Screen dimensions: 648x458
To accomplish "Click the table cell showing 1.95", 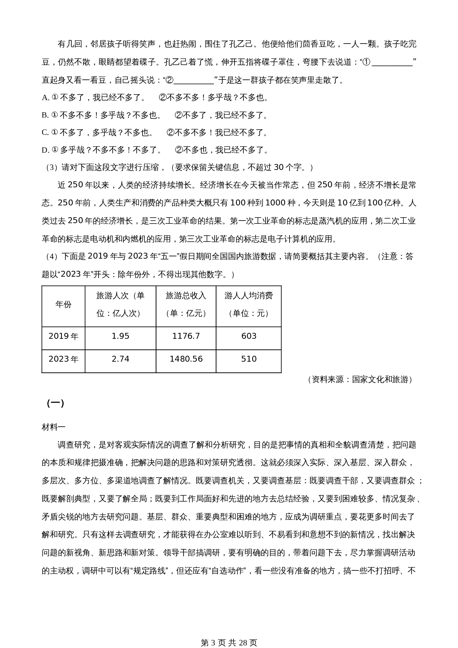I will pos(120,336).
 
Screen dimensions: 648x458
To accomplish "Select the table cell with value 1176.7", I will pos(186,336).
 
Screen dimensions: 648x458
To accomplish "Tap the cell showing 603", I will pos(249,336).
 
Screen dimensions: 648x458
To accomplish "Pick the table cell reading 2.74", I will pos(120,359).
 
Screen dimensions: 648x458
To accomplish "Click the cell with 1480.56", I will pos(186,359).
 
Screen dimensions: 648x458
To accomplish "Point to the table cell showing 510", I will pos(249,359).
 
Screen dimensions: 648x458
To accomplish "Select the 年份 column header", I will pos(63,304).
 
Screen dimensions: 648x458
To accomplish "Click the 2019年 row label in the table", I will pos(63,336).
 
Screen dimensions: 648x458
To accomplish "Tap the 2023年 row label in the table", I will pos(63,359).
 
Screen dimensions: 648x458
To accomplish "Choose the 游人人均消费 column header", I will pos(249,296).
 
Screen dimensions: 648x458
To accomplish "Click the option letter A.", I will pos(45,98).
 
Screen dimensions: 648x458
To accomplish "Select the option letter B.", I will pos(45,115).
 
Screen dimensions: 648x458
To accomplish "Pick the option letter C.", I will pos(45,133).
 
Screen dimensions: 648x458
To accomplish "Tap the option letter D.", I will pos(45,150).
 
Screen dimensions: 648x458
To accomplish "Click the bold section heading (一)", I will pos(55,403).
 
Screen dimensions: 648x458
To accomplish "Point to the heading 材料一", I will pos(54,427).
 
